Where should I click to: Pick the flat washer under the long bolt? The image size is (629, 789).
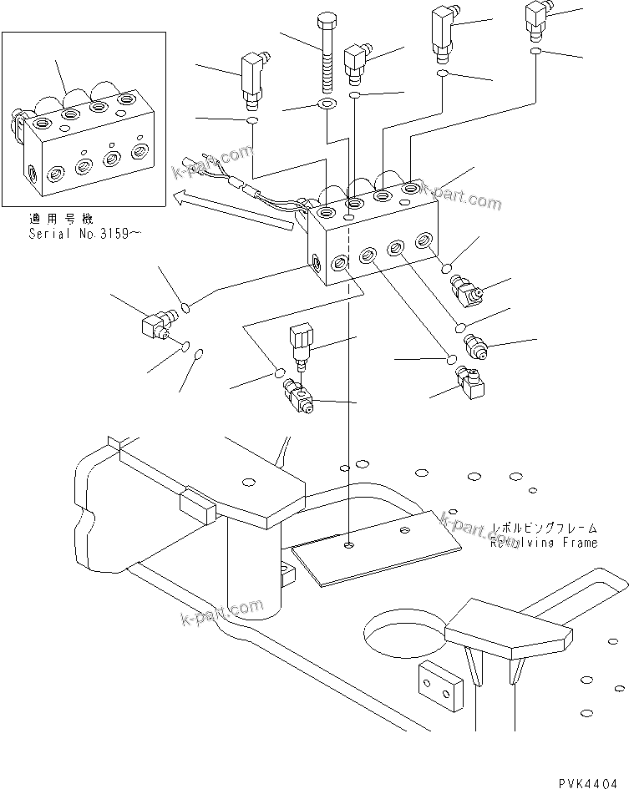click(326, 105)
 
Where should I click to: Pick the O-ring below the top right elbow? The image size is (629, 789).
click(535, 53)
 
